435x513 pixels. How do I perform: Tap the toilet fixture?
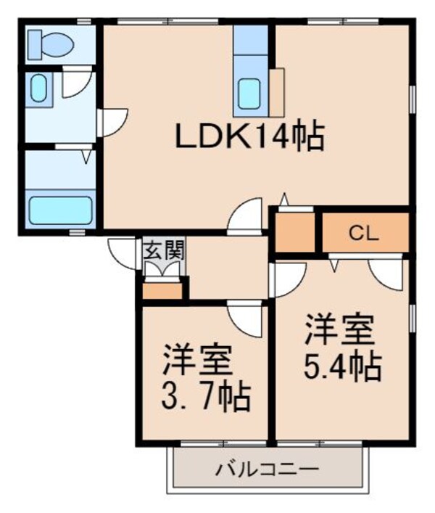click(50, 44)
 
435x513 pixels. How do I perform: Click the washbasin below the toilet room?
click(38, 89)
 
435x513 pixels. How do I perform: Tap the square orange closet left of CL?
click(295, 233)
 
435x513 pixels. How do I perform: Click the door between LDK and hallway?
click(244, 216)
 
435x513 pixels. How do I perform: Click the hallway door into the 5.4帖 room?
click(287, 277)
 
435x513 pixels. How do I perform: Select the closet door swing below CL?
click(384, 274)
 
